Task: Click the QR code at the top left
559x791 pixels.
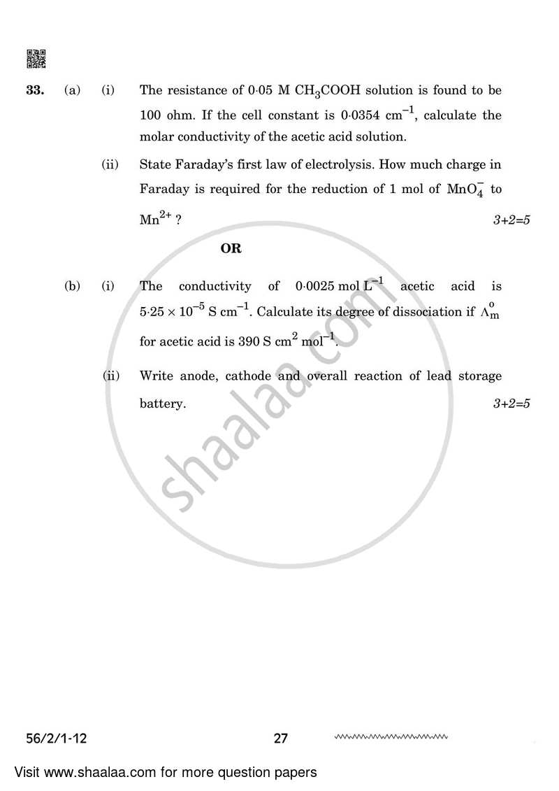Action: pyautogui.click(x=36, y=59)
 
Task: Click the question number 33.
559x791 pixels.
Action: pyautogui.click(x=34, y=90)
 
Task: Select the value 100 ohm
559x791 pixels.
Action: pyautogui.click(x=162, y=115)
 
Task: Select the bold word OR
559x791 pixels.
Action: pyautogui.click(x=231, y=248)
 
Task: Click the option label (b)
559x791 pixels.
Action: pyautogui.click(x=73, y=286)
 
